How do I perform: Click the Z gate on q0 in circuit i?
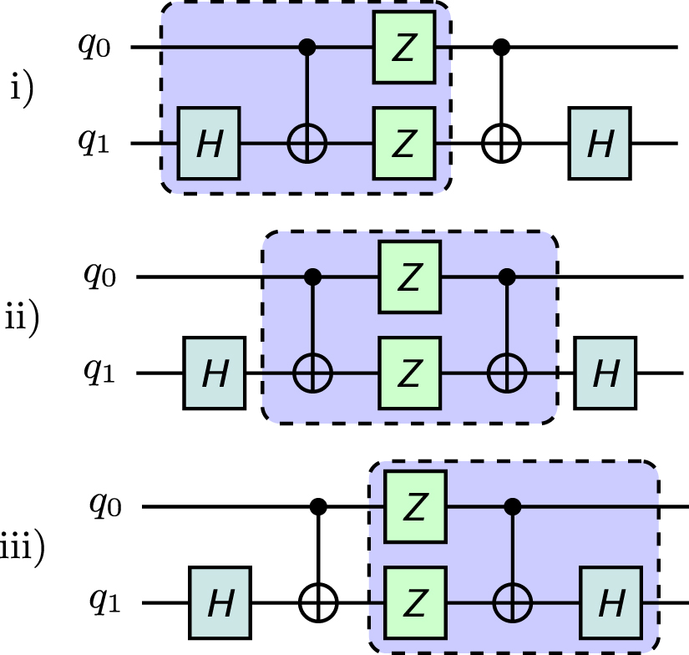click(404, 48)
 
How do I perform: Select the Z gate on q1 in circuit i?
click(404, 144)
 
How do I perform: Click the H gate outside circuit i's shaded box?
click(599, 144)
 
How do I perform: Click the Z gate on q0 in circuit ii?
click(409, 277)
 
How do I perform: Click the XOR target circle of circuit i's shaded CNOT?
click(308, 144)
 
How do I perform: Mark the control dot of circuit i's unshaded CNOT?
click(502, 48)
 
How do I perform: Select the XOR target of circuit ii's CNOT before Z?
click(313, 373)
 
